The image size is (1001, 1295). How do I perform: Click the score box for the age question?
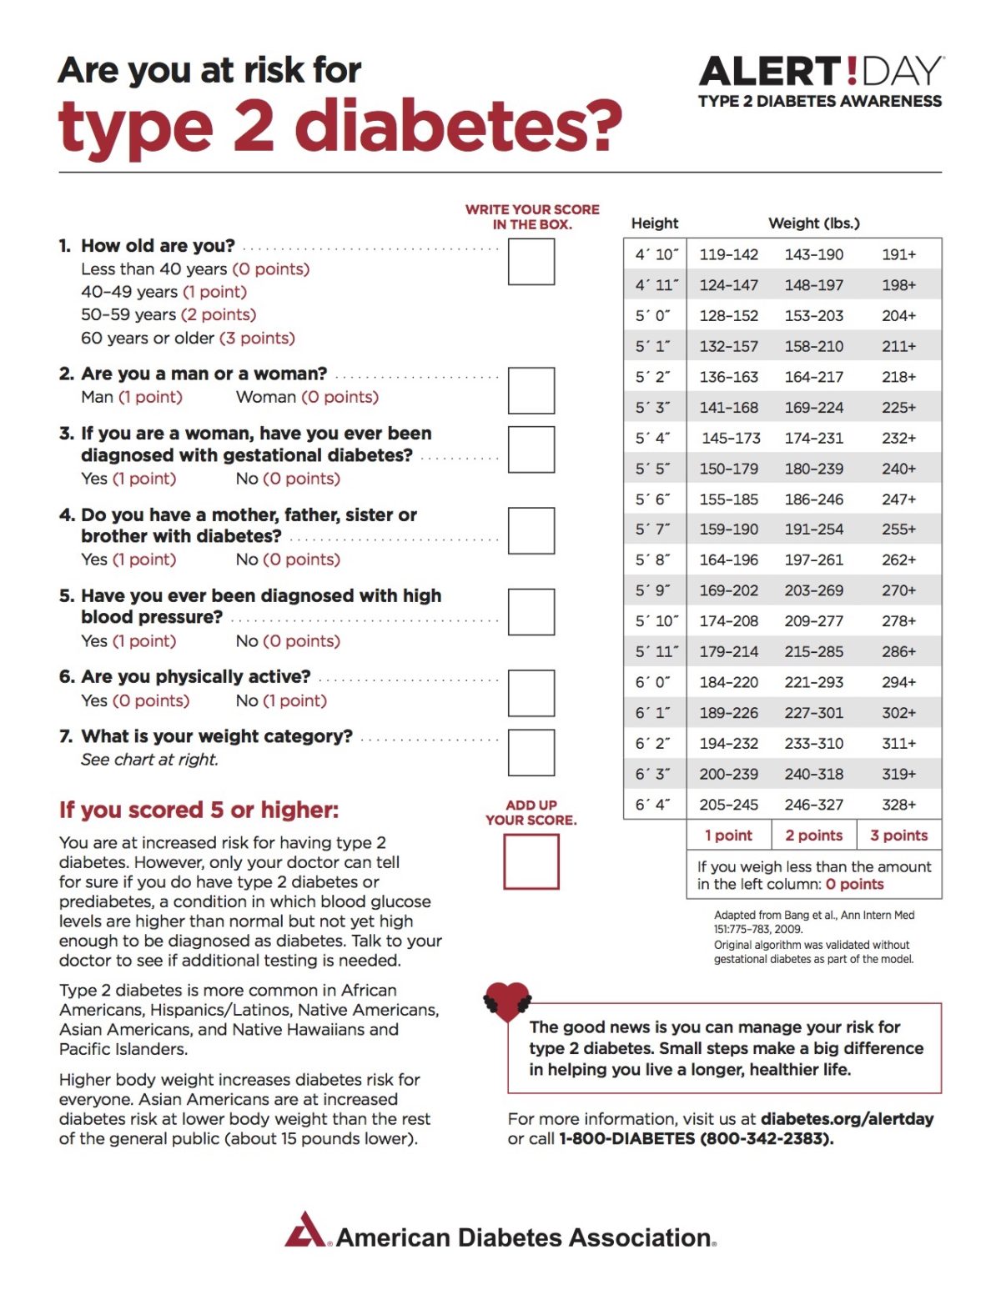[x=531, y=262]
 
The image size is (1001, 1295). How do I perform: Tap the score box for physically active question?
[x=531, y=693]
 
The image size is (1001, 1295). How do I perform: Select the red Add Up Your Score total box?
[x=531, y=861]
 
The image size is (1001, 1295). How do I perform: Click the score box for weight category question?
[x=531, y=753]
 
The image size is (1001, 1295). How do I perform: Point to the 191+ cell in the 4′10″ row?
[x=898, y=254]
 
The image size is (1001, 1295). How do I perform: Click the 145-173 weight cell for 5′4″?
[x=731, y=438]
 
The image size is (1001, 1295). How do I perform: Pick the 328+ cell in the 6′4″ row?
[x=898, y=805]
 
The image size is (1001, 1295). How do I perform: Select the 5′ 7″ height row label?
[x=653, y=530]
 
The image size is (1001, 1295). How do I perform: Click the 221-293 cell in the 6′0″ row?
[x=813, y=682]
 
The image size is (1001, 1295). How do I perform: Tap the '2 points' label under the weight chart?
[x=813, y=836]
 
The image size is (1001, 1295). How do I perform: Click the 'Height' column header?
[x=655, y=223]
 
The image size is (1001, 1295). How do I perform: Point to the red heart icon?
[x=507, y=999]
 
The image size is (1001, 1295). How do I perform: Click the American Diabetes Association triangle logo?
[x=305, y=1230]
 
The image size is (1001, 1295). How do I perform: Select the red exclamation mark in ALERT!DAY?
[x=851, y=72]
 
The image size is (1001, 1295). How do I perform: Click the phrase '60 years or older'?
[x=148, y=339]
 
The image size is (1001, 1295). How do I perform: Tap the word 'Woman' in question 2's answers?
[x=265, y=398]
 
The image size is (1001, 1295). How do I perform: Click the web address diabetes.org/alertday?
[x=847, y=1119]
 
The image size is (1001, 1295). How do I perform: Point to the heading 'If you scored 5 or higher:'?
[x=199, y=811]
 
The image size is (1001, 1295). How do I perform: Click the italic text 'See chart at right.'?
[x=149, y=760]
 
